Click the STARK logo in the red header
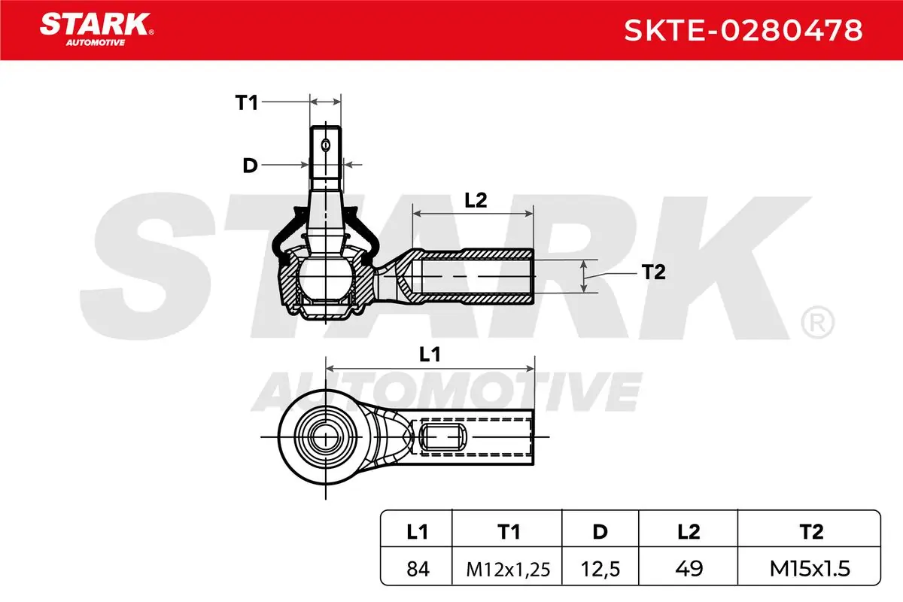click(x=96, y=29)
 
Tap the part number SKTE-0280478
click(x=743, y=30)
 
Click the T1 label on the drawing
click(x=246, y=102)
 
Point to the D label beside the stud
click(x=250, y=166)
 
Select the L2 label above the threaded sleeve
click(x=476, y=200)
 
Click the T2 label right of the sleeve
click(x=653, y=272)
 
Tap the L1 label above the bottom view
click(x=430, y=354)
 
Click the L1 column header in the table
click(x=417, y=532)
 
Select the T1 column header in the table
click(x=509, y=532)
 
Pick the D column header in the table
click(x=600, y=532)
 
